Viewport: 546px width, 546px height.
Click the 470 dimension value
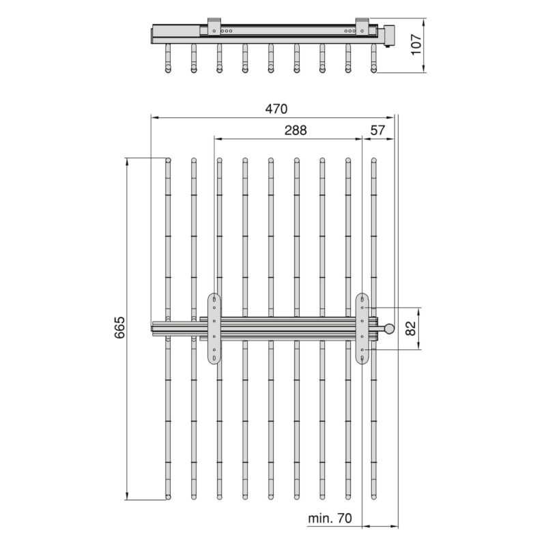[276, 109]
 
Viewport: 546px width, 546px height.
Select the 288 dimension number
[296, 130]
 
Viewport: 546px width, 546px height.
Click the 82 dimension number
[410, 328]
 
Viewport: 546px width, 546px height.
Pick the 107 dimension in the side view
[418, 45]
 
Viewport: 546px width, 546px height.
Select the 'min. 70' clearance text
[330, 519]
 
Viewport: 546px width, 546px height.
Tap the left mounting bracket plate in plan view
[215, 328]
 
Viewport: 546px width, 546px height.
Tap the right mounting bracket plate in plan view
[362, 328]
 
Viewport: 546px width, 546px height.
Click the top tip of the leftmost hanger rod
[168, 160]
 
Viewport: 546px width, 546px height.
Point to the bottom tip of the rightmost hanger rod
[373, 496]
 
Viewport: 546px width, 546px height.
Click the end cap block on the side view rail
[390, 35]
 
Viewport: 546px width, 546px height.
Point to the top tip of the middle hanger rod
[271, 160]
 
